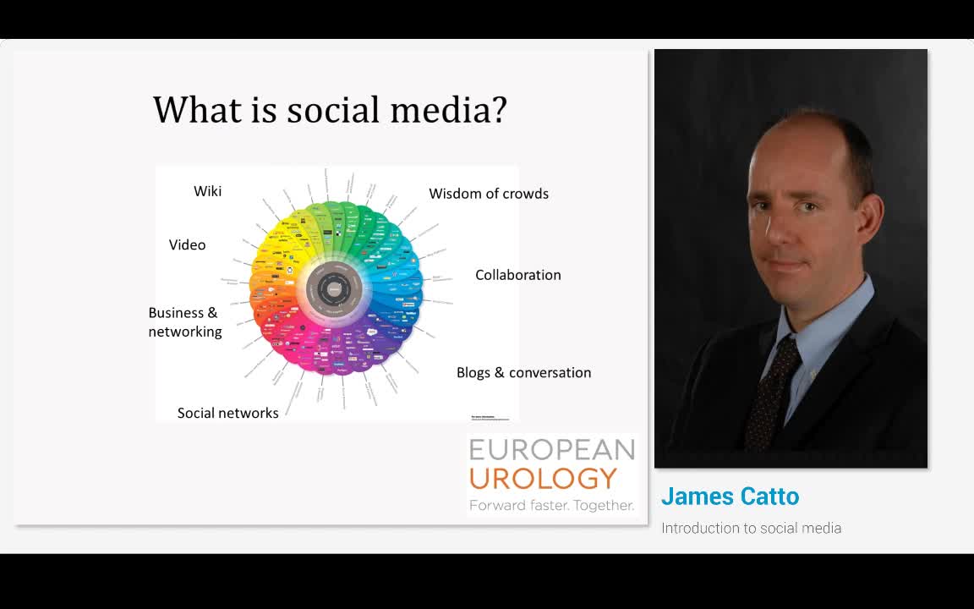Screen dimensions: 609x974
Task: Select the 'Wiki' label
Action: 207,191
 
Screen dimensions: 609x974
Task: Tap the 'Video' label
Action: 187,244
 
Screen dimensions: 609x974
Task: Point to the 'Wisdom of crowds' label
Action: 489,194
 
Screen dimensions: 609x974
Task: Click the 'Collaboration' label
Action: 517,275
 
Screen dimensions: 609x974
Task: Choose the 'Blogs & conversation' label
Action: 523,372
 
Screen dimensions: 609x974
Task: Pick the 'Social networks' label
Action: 227,413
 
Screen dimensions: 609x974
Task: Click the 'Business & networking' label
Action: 184,322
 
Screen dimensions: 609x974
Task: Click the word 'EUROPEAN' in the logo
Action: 551,449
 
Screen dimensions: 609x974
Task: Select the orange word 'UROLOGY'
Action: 543,479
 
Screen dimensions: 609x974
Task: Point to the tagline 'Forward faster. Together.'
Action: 551,505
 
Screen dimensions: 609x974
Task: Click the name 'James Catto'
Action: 730,496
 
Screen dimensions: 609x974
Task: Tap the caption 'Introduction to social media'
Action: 751,528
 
